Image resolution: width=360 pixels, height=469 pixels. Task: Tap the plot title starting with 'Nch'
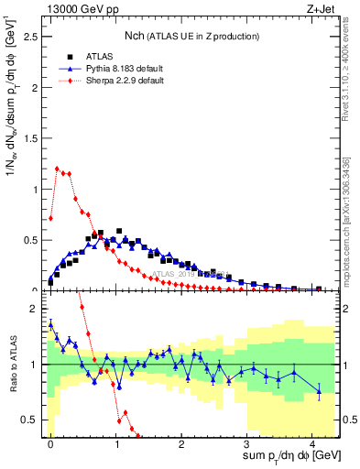click(x=192, y=36)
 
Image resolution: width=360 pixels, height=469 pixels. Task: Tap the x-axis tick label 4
click(x=312, y=442)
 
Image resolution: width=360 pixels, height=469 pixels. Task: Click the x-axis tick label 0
click(x=50, y=442)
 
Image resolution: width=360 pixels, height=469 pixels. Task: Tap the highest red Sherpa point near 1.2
click(x=57, y=169)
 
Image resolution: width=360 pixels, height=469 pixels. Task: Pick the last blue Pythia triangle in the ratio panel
click(x=319, y=392)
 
